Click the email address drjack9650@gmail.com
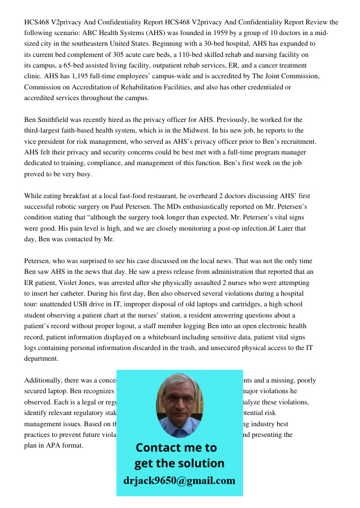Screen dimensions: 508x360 (x=179, y=481)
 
